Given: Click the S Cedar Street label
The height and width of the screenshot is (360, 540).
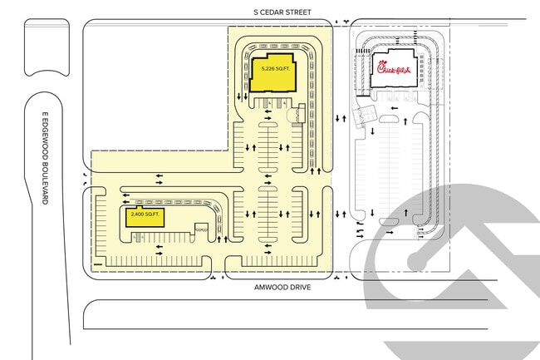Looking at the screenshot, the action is [x=282, y=12].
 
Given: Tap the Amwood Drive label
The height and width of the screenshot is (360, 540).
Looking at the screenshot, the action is [x=282, y=288].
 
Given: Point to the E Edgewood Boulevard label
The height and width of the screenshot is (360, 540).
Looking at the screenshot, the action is [x=45, y=158].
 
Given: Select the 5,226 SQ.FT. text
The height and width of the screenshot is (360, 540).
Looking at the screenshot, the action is [x=276, y=69].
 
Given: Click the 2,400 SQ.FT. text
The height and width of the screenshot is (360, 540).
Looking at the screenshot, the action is [x=145, y=215].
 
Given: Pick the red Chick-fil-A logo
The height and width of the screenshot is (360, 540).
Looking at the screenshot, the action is [x=394, y=67].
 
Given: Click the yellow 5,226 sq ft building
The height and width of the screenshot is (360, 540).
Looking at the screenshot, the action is [x=272, y=72].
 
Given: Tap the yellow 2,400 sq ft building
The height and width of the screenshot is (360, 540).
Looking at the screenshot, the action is [x=145, y=217].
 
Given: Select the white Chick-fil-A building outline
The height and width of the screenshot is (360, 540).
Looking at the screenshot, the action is [x=394, y=68].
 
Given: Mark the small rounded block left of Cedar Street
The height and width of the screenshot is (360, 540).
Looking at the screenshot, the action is [x=47, y=47].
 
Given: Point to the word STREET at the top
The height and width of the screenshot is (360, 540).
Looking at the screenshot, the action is [x=299, y=12].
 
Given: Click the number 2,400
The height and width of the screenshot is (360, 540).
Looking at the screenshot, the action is [x=137, y=215].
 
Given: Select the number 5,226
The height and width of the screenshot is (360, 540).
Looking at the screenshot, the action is [x=268, y=69].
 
